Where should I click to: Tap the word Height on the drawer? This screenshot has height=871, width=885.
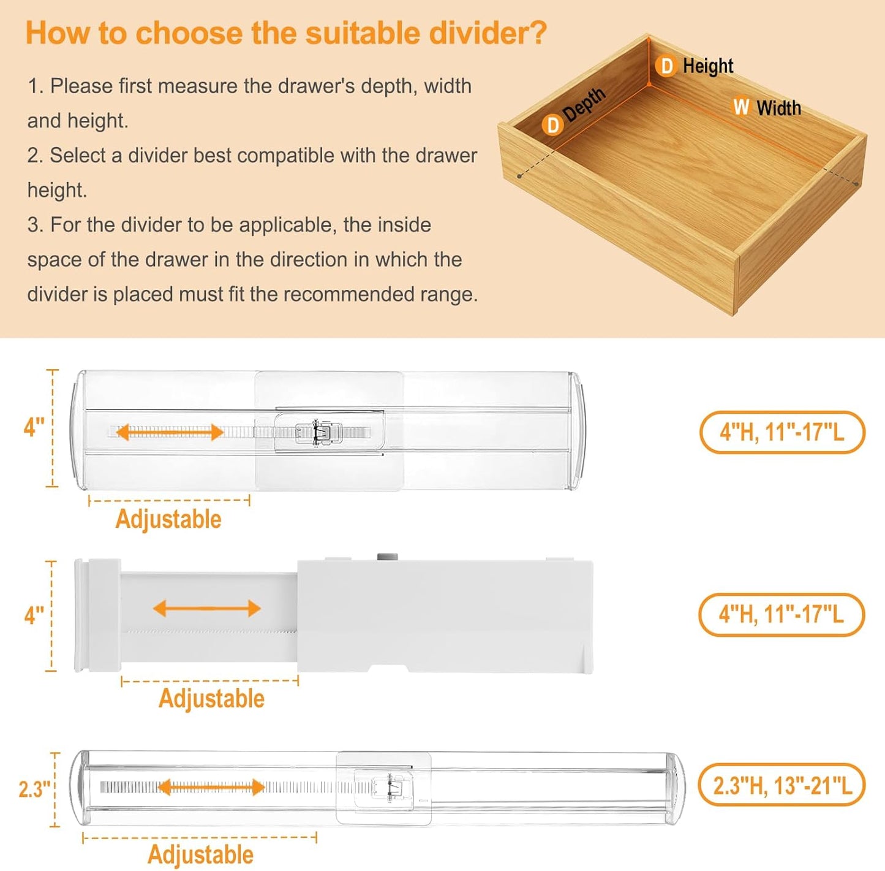pyautogui.click(x=707, y=66)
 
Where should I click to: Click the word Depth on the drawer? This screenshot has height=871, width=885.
pyautogui.click(x=584, y=104)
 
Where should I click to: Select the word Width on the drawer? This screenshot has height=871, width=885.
pyautogui.click(x=778, y=108)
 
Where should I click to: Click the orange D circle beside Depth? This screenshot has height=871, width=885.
pyautogui.click(x=552, y=125)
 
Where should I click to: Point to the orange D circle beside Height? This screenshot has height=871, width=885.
pyautogui.click(x=666, y=66)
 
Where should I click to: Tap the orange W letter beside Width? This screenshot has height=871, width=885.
pyautogui.click(x=741, y=107)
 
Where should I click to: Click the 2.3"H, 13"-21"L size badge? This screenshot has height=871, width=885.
pyautogui.click(x=781, y=785)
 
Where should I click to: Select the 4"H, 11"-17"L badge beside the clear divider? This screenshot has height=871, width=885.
pyautogui.click(x=781, y=432)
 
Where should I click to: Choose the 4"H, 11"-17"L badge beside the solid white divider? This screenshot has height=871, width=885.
pyautogui.click(x=781, y=614)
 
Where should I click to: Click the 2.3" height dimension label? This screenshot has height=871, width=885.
pyautogui.click(x=34, y=789)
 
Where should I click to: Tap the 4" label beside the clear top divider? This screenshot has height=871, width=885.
pyautogui.click(x=34, y=427)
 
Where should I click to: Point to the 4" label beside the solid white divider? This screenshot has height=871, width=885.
pyautogui.click(x=34, y=615)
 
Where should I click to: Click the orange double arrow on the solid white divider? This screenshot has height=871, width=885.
pyautogui.click(x=207, y=609)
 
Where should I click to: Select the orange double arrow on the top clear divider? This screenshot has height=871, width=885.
pyautogui.click(x=170, y=432)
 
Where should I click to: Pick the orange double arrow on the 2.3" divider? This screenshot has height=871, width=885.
pyautogui.click(x=211, y=787)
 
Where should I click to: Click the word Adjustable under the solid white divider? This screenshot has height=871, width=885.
pyautogui.click(x=211, y=699)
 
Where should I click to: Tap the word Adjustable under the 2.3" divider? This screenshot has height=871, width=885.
pyautogui.click(x=200, y=854)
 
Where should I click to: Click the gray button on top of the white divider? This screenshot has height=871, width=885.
pyautogui.click(x=386, y=557)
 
